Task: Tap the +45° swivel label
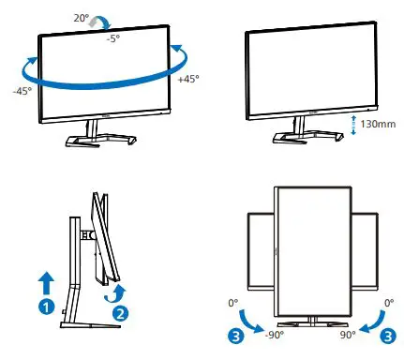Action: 187,79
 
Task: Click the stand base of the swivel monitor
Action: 96,141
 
